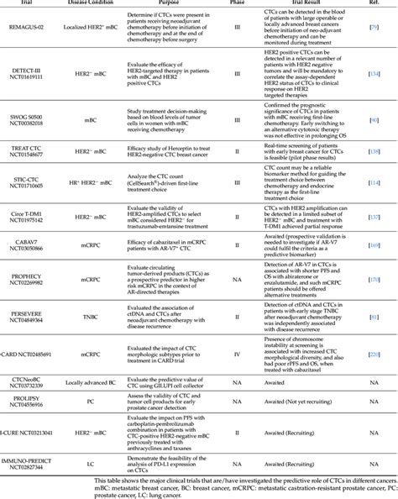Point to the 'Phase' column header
pyautogui.click(x=237, y=3)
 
